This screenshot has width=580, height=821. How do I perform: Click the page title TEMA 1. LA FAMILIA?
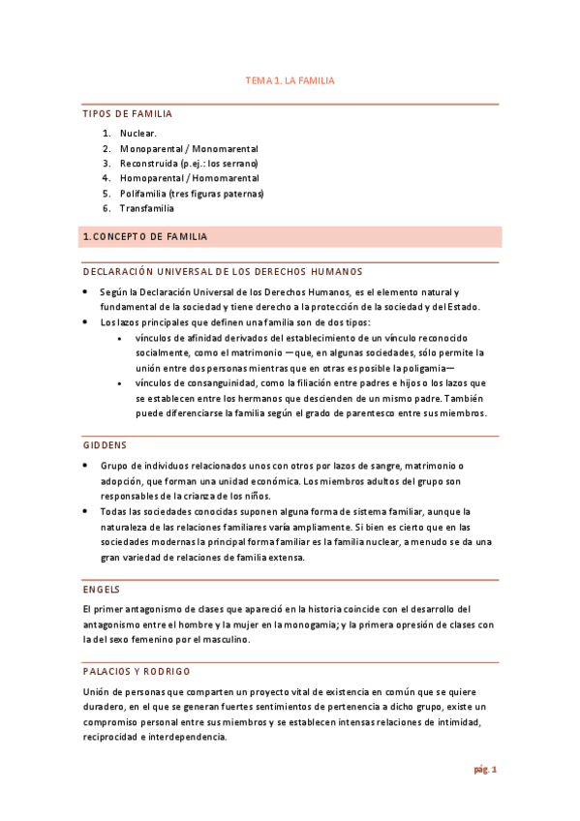(290, 81)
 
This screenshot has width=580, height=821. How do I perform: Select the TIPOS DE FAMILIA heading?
(128, 114)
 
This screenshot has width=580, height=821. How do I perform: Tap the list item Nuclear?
(138, 133)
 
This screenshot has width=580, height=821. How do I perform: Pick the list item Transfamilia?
(147, 208)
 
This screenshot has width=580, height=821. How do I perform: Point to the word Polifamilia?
(144, 194)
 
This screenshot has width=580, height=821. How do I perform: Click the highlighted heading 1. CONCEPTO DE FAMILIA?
(145, 237)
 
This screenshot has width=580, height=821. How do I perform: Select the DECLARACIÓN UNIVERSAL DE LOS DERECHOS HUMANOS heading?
(223, 272)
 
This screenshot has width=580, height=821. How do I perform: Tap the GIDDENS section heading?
(105, 445)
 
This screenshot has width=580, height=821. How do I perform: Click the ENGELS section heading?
(101, 589)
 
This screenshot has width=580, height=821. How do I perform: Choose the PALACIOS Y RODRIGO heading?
(137, 671)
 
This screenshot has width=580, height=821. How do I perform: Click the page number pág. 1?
(484, 771)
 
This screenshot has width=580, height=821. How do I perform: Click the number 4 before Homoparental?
(106, 178)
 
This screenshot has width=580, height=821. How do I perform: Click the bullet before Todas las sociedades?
(86, 511)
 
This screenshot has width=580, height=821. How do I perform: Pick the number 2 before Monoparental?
(106, 148)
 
